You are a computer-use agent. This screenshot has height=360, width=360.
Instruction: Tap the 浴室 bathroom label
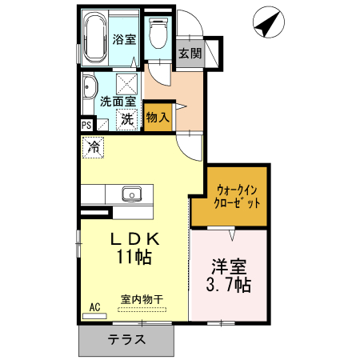point(123,38)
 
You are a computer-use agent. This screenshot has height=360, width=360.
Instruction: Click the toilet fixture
point(158,32)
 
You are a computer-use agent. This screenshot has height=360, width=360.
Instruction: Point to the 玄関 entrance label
point(190,54)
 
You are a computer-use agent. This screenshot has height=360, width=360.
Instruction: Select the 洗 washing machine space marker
point(126,120)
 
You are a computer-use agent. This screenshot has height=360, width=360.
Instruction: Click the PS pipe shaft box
point(86,125)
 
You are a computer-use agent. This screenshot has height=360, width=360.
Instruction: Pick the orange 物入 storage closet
point(158,116)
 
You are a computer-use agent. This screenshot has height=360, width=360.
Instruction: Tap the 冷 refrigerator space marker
point(94,147)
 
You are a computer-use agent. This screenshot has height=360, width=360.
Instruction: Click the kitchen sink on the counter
point(131,194)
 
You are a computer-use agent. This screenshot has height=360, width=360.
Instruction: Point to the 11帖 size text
point(134,258)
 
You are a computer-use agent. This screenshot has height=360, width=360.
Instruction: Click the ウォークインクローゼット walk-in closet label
point(237,196)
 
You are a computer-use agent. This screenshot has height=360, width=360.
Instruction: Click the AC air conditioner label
point(94,307)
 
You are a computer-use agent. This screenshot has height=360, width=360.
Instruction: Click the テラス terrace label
point(126,338)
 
